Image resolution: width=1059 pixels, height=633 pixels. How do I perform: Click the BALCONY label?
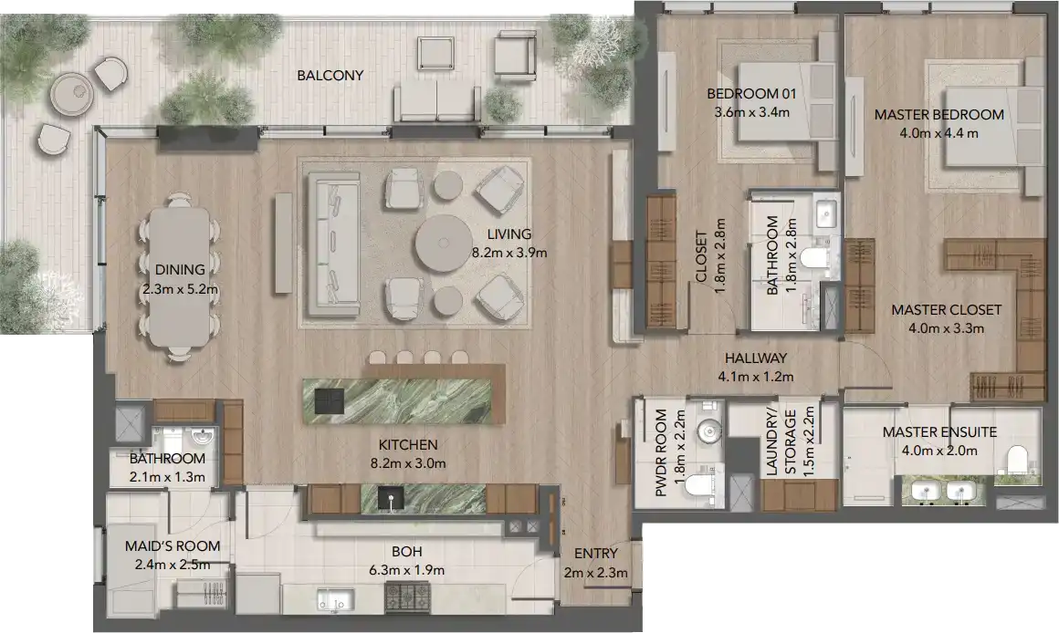pos(330,75)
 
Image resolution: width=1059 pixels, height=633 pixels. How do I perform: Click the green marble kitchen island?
pos(404,400)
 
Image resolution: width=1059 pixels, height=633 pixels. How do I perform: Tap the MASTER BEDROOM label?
pos(926,115)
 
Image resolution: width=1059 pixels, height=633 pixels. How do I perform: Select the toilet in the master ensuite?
pos(1014,461)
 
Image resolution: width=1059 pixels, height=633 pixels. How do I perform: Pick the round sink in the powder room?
pos(708,430)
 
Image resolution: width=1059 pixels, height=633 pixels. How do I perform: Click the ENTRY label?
pos(595,554)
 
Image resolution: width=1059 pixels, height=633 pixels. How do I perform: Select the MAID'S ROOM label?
pos(173,546)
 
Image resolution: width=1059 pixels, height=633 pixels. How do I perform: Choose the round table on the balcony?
pos(70,93)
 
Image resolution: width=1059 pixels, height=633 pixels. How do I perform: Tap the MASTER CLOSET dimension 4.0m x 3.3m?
pos(946,329)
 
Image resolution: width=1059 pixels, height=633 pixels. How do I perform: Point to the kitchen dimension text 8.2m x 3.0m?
pos(408,463)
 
